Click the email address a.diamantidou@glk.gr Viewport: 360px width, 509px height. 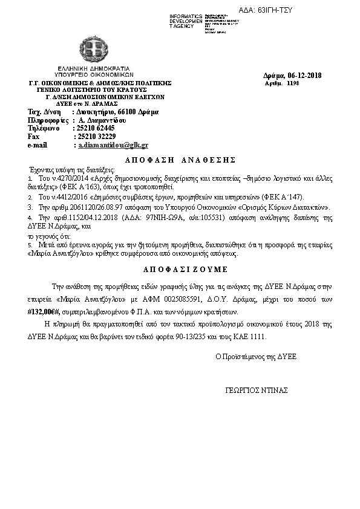coord(112,146)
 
